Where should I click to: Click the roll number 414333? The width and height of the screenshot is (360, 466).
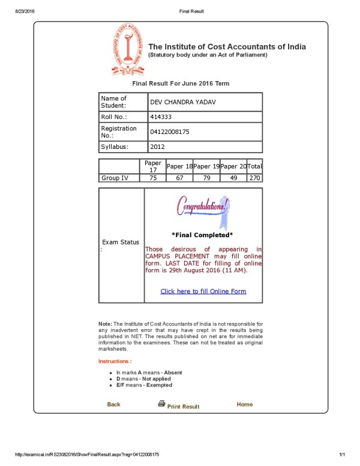161,116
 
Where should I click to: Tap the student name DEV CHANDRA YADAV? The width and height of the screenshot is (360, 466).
182,102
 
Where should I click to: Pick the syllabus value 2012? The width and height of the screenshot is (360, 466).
158,146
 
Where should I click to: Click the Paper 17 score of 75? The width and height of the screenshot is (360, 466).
153,178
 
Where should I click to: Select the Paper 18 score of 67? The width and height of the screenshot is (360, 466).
179,178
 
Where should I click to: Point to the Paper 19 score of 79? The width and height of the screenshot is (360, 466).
206,178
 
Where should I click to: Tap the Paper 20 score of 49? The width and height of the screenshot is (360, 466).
234,178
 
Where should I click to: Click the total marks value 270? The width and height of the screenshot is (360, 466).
255,178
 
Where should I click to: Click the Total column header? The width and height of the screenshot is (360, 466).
255,166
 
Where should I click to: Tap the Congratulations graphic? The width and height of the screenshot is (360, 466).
202,207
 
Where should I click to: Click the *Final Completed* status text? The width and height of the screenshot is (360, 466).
202,235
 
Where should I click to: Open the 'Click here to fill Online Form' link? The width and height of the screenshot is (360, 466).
203,291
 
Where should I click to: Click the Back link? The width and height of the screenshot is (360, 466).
113,404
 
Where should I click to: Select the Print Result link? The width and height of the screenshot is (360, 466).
182,407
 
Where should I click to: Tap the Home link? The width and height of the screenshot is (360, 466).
245,404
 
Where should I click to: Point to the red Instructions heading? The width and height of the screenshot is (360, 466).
115,361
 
